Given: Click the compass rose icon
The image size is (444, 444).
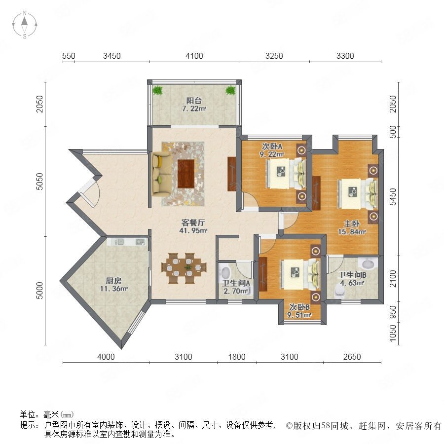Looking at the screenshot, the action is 25,25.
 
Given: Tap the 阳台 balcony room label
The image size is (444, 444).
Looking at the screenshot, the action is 194,101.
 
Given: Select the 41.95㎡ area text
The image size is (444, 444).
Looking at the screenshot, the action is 193,230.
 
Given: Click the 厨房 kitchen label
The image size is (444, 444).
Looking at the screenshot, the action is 113,281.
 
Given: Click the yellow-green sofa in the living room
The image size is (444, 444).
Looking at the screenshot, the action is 161,174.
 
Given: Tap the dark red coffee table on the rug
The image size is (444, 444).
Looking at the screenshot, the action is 186,174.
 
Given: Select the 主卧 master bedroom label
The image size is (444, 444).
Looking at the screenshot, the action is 352,223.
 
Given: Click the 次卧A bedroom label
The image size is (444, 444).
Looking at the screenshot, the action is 272,147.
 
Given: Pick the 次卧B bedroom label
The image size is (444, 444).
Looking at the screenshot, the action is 299,307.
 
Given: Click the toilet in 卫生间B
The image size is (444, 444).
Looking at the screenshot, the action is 339,291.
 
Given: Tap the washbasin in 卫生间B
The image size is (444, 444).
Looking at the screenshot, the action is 368,263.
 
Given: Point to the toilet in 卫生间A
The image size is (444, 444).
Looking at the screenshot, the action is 225,272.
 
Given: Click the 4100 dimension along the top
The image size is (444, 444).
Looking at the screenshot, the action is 194,56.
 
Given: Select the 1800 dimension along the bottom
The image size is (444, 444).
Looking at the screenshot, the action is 237,357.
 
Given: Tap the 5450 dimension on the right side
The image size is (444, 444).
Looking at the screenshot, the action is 393,197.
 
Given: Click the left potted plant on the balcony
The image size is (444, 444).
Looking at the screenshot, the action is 157,90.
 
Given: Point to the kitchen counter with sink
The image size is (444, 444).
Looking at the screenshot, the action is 127,242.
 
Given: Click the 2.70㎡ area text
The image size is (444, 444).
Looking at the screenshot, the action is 236,291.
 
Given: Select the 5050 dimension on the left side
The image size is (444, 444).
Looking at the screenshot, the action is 40,182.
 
